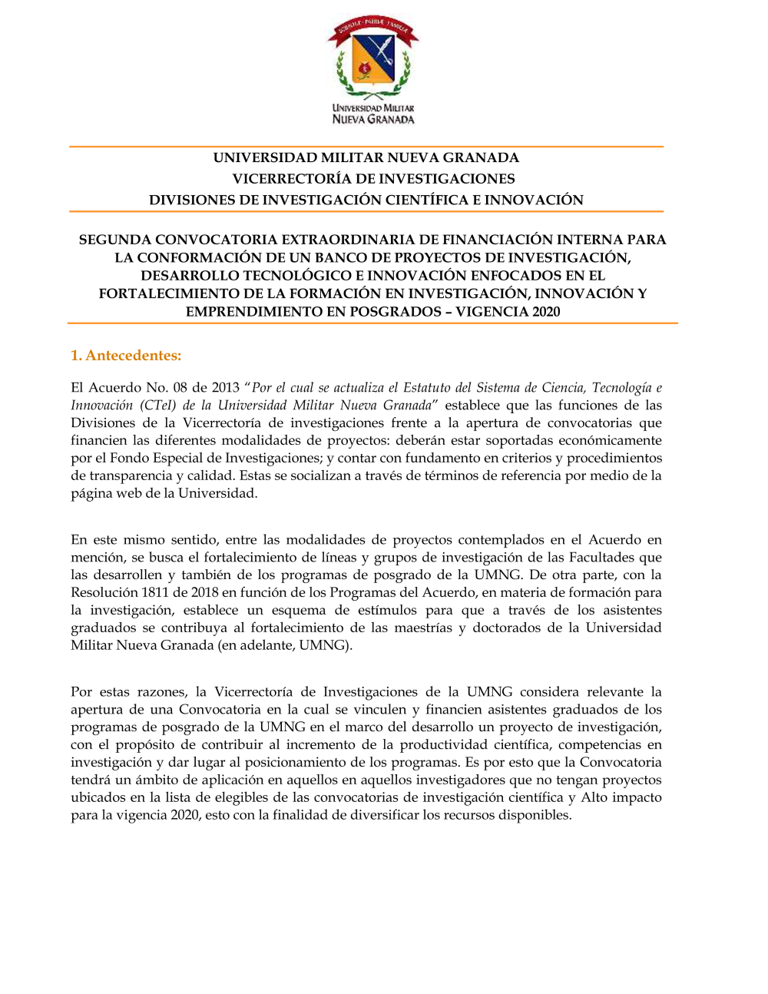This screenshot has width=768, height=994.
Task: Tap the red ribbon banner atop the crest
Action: [373, 29]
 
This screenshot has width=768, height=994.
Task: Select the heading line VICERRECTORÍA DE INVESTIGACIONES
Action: [373, 179]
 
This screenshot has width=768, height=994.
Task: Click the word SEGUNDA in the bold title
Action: [114, 240]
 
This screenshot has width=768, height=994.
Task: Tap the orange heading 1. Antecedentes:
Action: [126, 355]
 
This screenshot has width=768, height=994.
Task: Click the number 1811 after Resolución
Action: [155, 592]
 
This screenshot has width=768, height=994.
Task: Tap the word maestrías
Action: [423, 628]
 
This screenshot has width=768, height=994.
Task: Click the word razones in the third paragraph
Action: [161, 692]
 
